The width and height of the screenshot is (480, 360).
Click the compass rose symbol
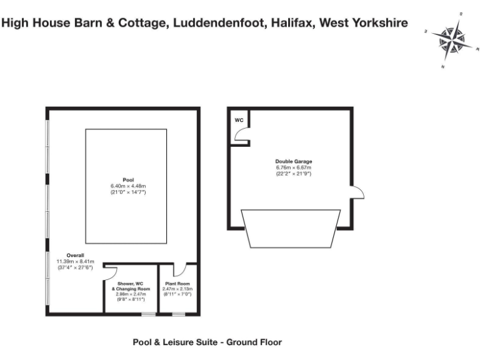click(x=451, y=40)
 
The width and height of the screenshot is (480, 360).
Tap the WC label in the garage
click(x=239, y=120)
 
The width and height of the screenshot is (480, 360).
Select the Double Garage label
click(x=293, y=161)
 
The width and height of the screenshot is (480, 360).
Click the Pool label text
click(x=128, y=179)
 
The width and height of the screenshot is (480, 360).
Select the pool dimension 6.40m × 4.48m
click(x=128, y=186)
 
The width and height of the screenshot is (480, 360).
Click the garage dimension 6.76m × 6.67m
click(x=293, y=167)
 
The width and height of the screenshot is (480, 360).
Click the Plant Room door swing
click(x=179, y=271)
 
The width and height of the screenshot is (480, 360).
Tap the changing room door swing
click(x=111, y=271)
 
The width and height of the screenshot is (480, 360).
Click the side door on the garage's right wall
click(x=356, y=192)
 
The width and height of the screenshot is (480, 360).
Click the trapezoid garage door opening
click(x=291, y=229)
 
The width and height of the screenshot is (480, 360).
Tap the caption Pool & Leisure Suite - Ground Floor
click(x=207, y=342)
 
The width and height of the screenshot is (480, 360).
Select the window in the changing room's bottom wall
click(x=148, y=314)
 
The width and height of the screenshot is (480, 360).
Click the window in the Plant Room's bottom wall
click(x=179, y=314)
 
